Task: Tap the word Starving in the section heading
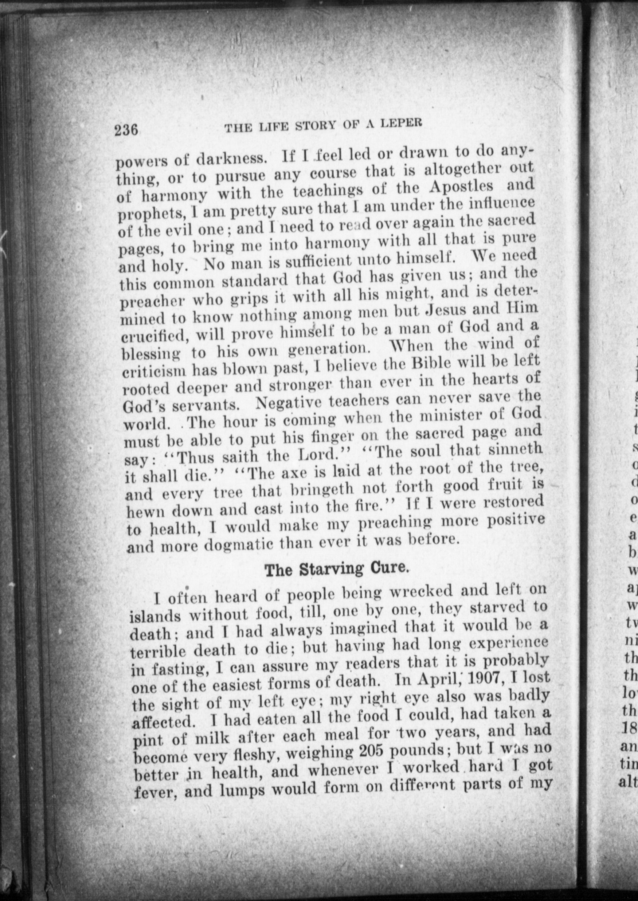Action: [333, 569]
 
